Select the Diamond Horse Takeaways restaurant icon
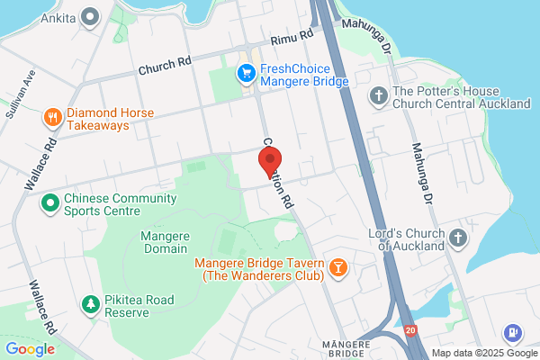tap(53, 118)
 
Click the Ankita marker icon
tap(90, 15)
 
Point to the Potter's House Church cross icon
tap(379, 96)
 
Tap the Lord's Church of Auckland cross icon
tap(458, 238)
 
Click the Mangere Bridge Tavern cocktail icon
tap(337, 268)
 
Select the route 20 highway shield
tap(409, 330)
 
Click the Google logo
tap(30, 349)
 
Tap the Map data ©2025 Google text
tap(483, 353)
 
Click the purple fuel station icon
tap(513, 333)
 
